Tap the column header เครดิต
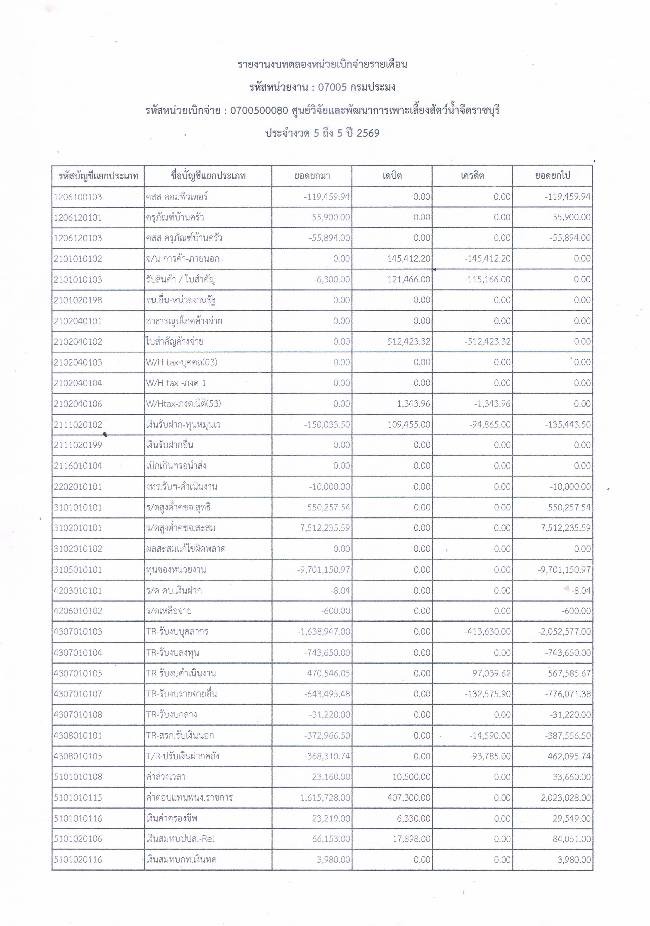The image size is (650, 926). pyautogui.click(x=472, y=176)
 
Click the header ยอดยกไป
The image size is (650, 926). pyautogui.click(x=552, y=176)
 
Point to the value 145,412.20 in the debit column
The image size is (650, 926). pyautogui.click(x=409, y=258)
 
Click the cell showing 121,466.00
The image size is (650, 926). pyautogui.click(x=409, y=279)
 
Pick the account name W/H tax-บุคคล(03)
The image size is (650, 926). pyautogui.click(x=182, y=362)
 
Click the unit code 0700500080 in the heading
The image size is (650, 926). pyautogui.click(x=259, y=110)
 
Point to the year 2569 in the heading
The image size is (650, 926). pyautogui.click(x=368, y=133)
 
